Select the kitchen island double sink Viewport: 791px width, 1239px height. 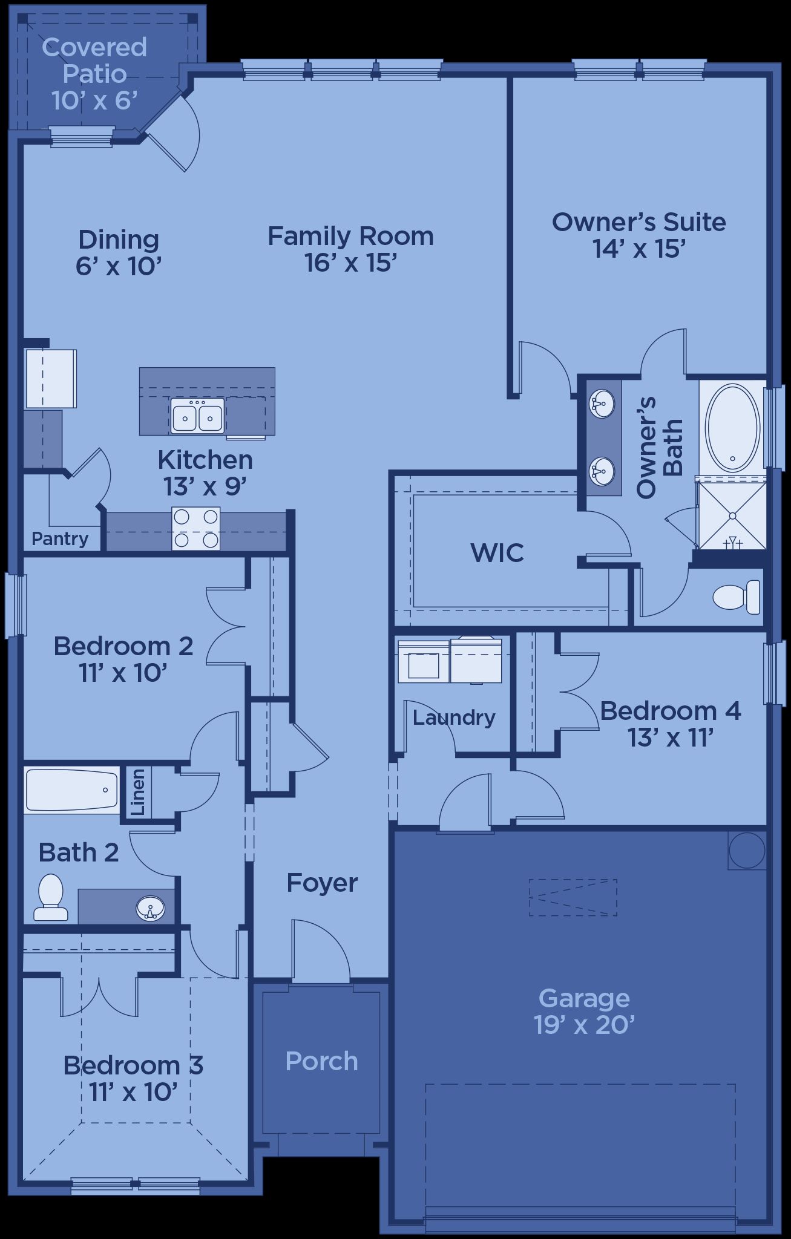click(x=197, y=416)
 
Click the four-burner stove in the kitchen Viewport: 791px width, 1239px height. click(x=195, y=529)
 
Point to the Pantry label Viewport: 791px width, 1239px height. click(x=60, y=538)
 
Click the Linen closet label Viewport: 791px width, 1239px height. click(x=138, y=792)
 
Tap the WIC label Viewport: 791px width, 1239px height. click(x=497, y=552)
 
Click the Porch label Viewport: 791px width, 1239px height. click(x=321, y=1061)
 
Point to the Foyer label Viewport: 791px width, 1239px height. click(x=322, y=883)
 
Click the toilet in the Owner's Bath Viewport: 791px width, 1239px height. click(x=737, y=597)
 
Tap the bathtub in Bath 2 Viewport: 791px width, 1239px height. click(x=72, y=790)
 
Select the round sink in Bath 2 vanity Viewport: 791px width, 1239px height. click(x=151, y=907)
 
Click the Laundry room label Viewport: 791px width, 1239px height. click(x=454, y=718)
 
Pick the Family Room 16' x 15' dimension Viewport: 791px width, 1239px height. click(x=350, y=263)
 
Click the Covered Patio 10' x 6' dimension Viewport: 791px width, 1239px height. click(x=95, y=100)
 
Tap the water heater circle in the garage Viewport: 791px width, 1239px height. click(x=747, y=850)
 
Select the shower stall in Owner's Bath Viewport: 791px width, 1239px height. click(x=732, y=514)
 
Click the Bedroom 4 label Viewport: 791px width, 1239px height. click(x=671, y=711)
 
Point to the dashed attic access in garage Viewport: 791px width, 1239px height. click(x=573, y=898)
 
